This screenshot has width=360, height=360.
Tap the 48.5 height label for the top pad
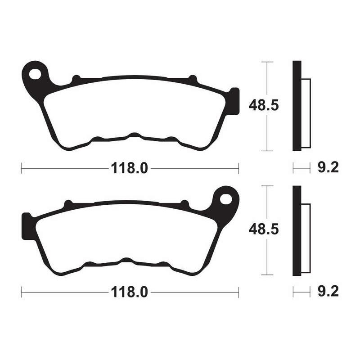264,106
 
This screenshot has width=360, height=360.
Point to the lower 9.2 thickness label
328,292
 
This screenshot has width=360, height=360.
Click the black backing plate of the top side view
297,106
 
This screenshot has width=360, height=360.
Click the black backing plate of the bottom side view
297,230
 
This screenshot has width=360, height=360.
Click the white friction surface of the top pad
135,108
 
